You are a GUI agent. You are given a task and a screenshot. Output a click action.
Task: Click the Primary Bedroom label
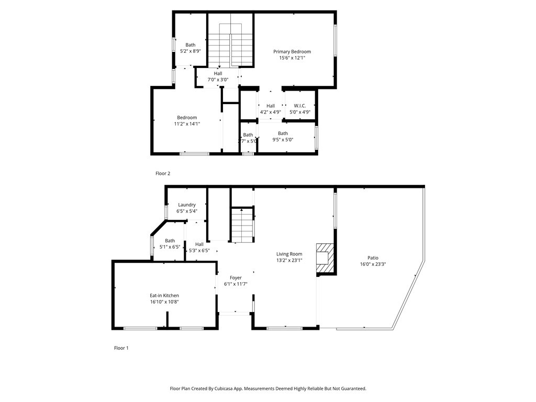292,51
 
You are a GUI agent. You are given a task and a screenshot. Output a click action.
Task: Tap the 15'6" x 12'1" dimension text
292,58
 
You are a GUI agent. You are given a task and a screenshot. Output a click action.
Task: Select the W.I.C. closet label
299,106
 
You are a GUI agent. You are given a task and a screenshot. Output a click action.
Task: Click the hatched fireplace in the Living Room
324,259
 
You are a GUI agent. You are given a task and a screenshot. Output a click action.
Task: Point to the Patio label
373,258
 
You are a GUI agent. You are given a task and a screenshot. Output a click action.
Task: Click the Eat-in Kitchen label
164,295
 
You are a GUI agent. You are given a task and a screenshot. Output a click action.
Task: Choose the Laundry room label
187,205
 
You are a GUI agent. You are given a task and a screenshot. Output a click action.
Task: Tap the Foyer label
236,277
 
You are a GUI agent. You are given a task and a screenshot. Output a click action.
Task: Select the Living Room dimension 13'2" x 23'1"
289,260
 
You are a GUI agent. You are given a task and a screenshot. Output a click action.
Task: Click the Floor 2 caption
163,173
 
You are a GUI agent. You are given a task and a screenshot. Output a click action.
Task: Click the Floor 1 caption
121,348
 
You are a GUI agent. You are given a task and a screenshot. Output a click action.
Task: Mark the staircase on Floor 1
242,225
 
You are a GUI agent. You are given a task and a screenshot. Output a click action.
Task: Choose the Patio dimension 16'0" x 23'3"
373,264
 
